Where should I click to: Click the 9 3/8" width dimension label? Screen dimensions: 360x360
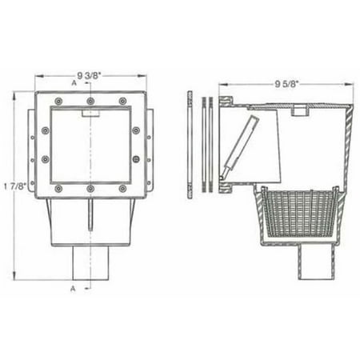(x=89, y=76)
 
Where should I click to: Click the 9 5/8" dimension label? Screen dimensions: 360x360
(x=286, y=84)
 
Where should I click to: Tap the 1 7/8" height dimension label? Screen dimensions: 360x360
(x=15, y=186)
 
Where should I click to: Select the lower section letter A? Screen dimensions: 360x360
(x=73, y=288)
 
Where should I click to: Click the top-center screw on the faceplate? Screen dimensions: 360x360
(x=90, y=101)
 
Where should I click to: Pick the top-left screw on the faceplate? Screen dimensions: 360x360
(x=58, y=101)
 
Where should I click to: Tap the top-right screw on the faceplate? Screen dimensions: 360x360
(x=122, y=101)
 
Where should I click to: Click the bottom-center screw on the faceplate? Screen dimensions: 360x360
(x=90, y=189)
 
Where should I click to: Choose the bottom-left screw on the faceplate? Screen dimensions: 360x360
(x=58, y=189)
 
